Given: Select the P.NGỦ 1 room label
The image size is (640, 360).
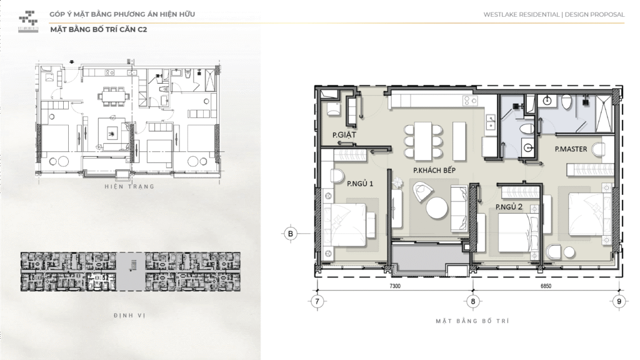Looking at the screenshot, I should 360,184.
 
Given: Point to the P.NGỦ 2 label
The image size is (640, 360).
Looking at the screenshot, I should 509,207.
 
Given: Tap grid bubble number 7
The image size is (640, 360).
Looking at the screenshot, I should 317,301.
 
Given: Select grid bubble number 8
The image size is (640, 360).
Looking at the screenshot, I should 473,301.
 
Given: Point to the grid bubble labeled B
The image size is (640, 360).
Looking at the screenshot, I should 290,234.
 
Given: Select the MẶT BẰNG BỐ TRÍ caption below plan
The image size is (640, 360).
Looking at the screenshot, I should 472,321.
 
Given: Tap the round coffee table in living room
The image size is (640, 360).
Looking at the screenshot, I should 437,208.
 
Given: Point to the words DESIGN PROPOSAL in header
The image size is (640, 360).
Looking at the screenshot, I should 594,14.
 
